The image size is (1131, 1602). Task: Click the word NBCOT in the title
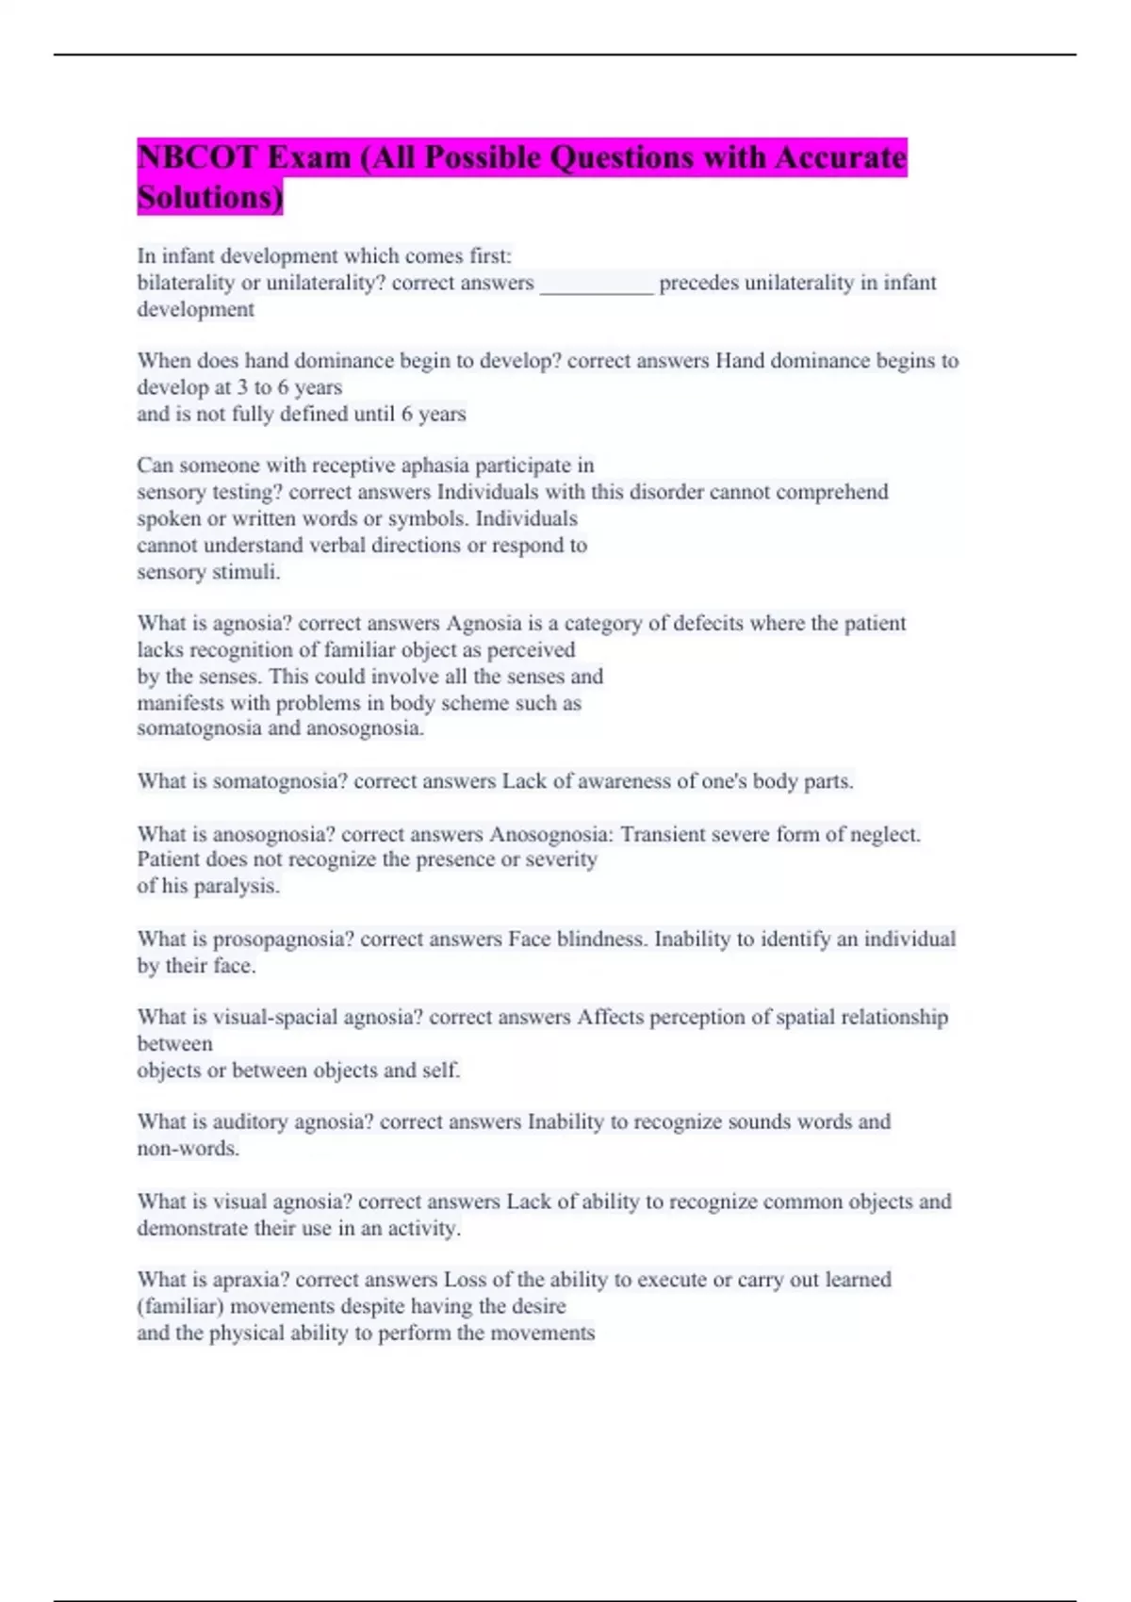click(196, 157)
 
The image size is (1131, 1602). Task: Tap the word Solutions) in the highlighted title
click(209, 198)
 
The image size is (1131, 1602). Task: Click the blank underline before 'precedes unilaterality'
click(596, 284)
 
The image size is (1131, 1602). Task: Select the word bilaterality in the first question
click(186, 283)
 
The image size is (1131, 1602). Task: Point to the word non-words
click(188, 1149)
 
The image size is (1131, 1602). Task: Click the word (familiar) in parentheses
click(180, 1307)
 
